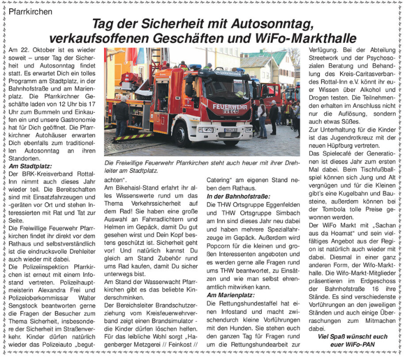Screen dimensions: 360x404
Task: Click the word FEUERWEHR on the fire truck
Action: [230, 106]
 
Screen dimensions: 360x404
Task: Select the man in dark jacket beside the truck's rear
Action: [121, 117]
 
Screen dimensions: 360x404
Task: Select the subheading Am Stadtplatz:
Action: [30, 166]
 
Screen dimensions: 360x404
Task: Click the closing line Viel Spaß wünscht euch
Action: [353, 336]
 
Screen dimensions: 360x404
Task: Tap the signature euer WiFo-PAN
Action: [352, 345]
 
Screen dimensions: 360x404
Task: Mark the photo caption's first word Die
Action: [109, 162]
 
